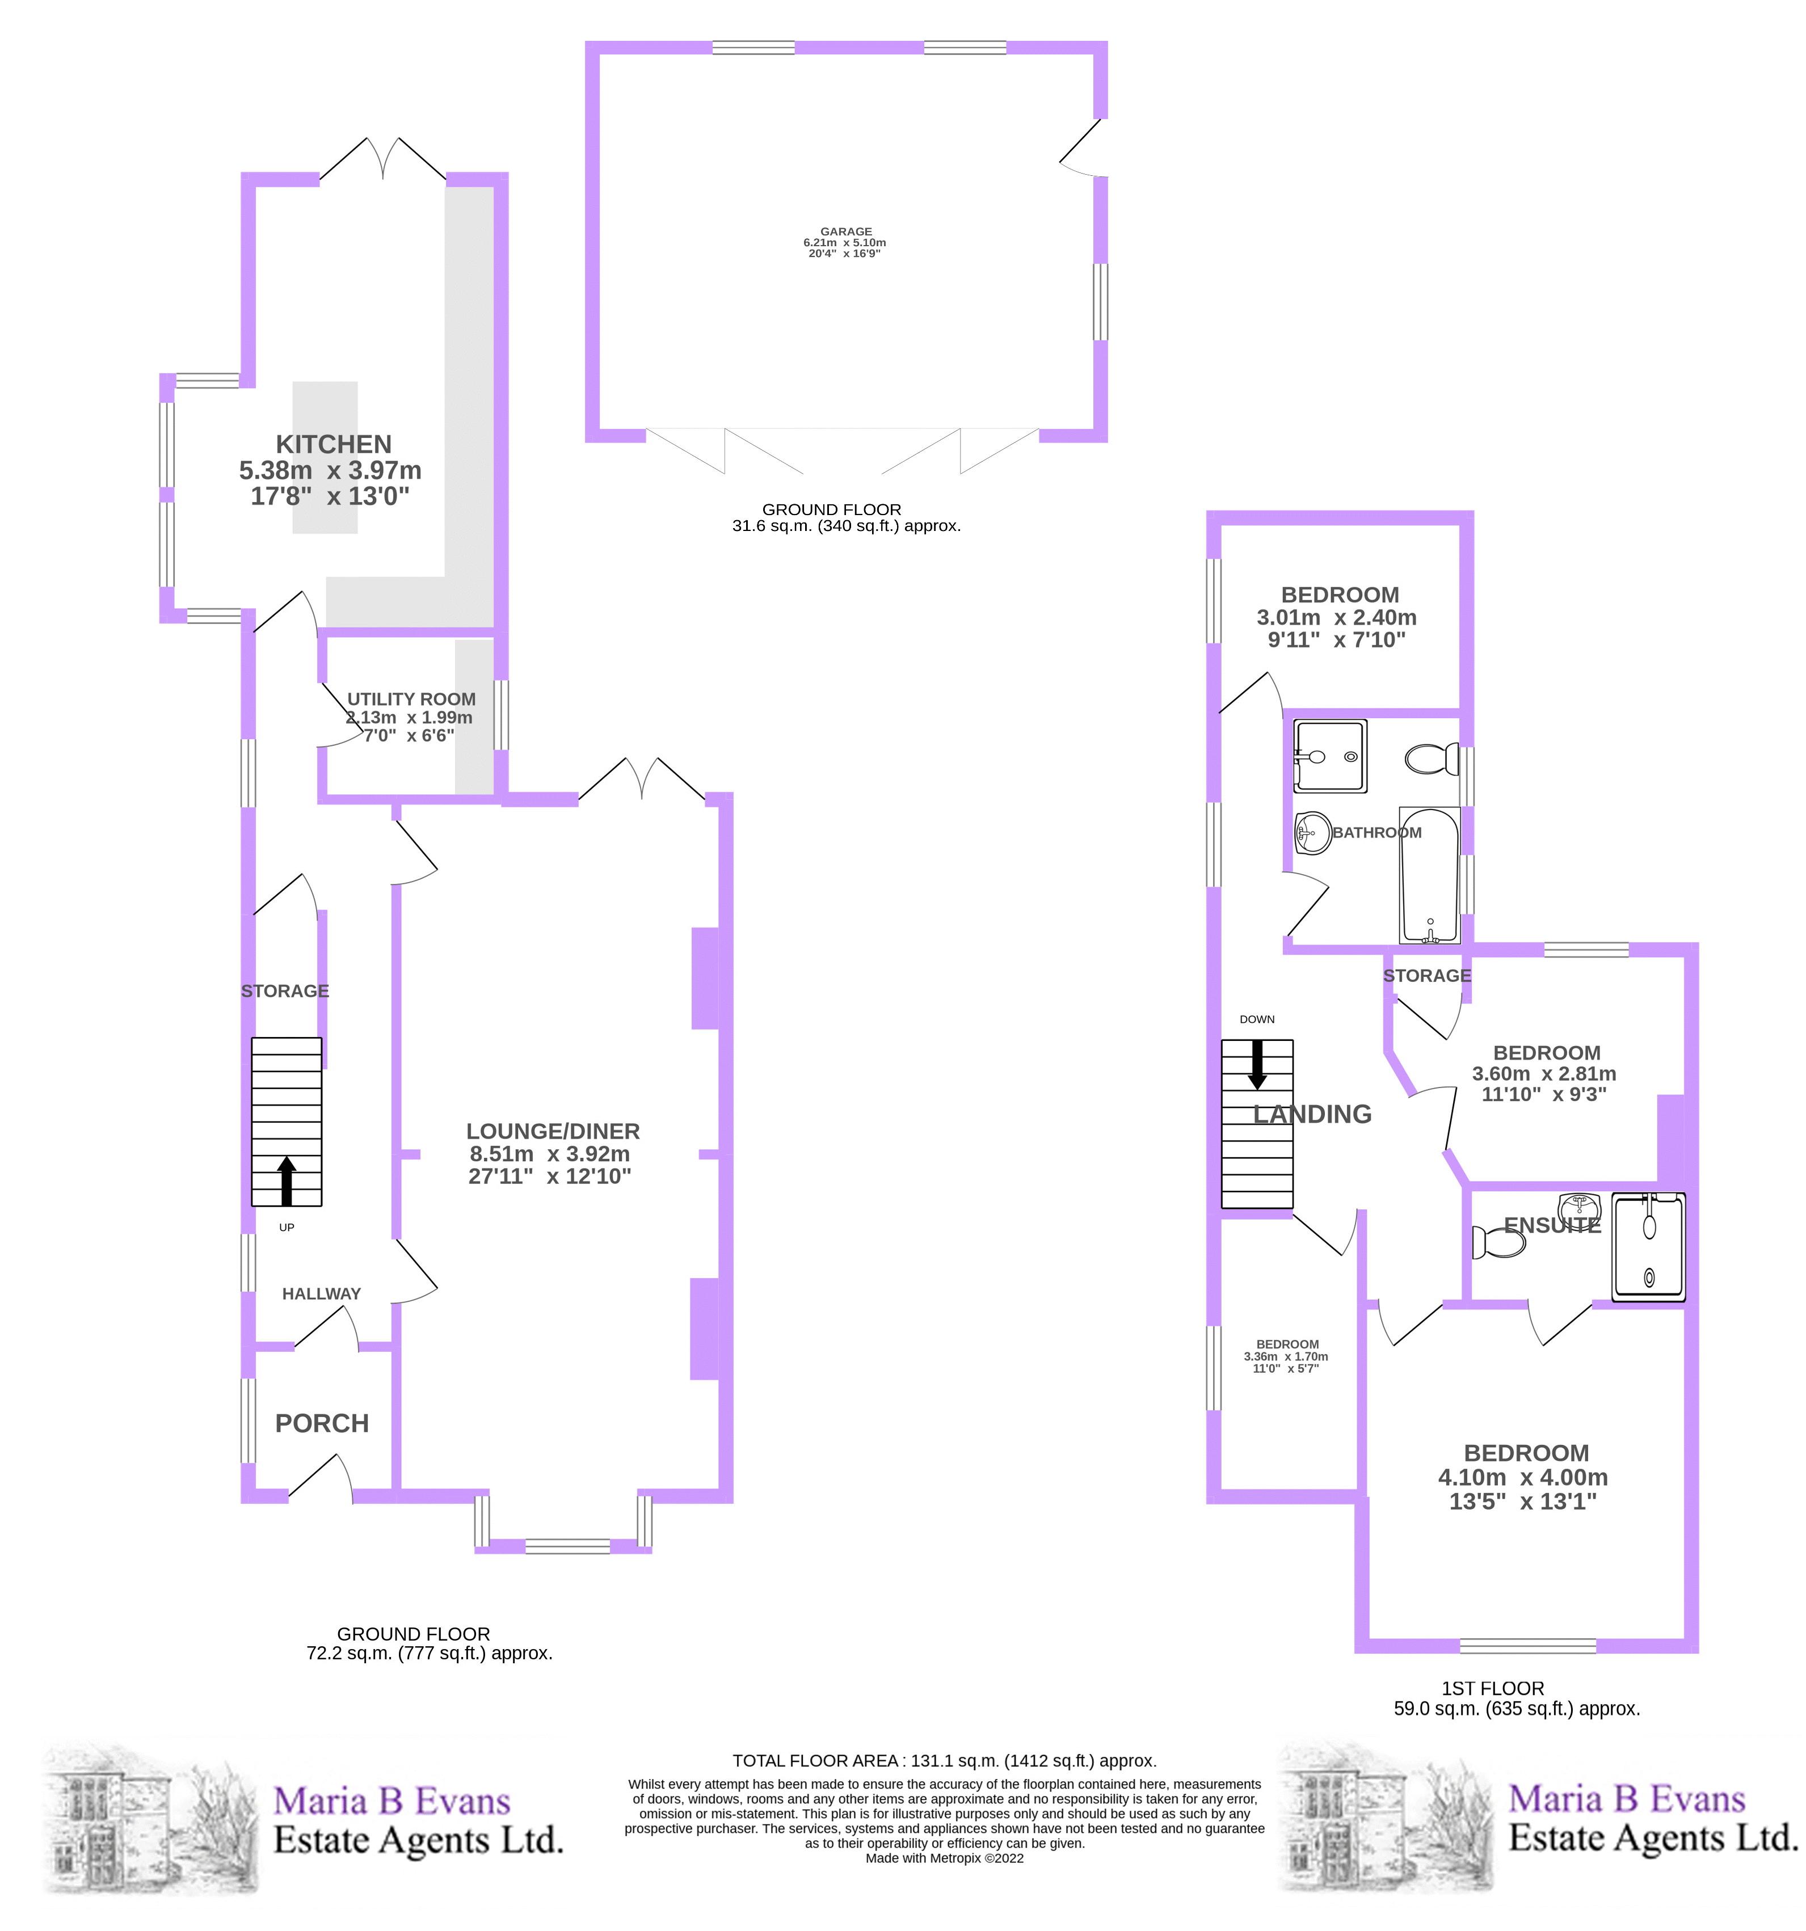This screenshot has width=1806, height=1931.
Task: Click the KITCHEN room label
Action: click(x=333, y=444)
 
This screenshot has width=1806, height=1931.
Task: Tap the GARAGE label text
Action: click(x=845, y=232)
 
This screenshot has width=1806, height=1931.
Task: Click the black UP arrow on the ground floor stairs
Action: click(x=287, y=1180)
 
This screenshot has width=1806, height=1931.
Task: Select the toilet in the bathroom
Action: click(x=1431, y=758)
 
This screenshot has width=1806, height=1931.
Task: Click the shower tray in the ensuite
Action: click(x=1649, y=1247)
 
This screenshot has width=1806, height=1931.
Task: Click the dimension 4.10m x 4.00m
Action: click(x=1522, y=1477)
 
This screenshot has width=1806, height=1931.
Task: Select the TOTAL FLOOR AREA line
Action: click(x=944, y=1761)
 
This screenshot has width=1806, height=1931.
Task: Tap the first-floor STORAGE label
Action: click(x=1426, y=975)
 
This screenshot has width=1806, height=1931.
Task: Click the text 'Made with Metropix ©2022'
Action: click(x=944, y=1858)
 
